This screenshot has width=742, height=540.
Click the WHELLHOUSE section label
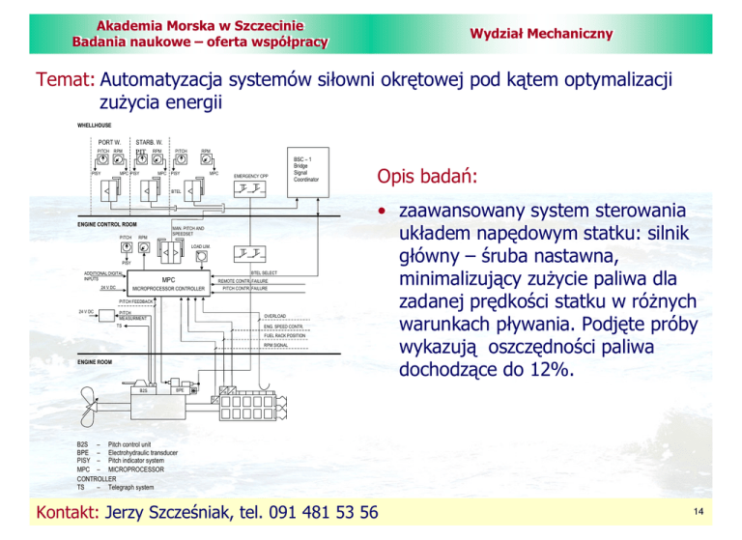click(94, 125)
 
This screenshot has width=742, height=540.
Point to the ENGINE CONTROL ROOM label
click(106, 224)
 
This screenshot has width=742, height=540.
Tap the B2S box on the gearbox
click(143, 391)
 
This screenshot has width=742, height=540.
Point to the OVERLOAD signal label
click(275, 315)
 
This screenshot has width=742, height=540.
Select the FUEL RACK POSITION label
click(283, 335)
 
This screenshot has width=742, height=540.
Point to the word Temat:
click(64, 80)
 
